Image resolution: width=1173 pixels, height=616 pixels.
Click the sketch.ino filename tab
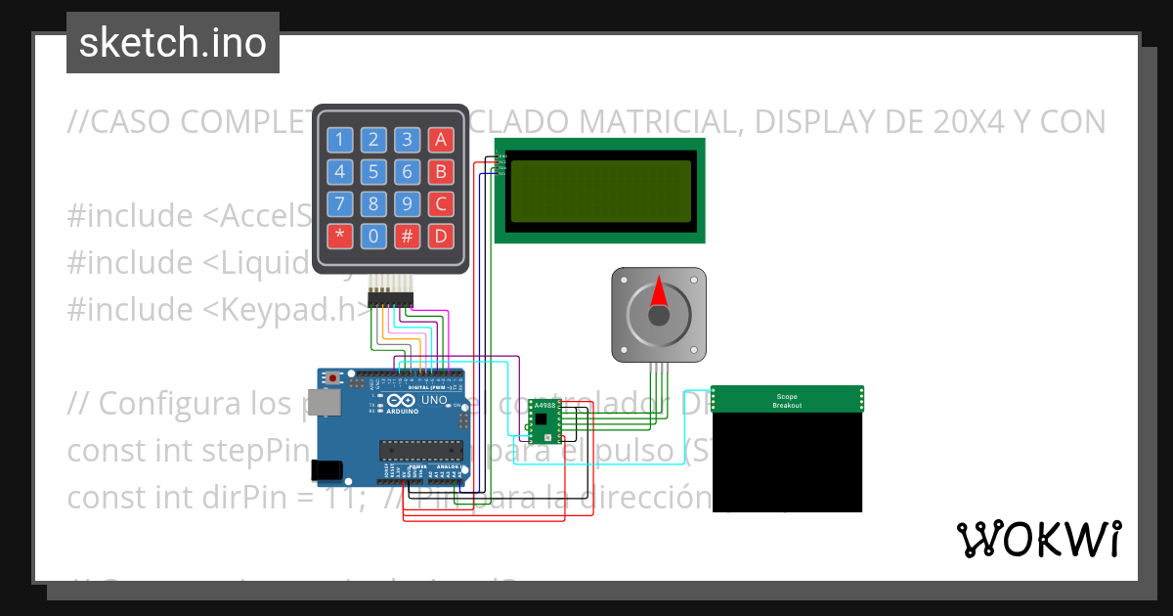pyautogui.click(x=173, y=43)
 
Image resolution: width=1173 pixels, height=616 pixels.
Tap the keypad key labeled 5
pyautogui.click(x=373, y=173)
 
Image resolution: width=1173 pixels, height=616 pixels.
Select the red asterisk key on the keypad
pyautogui.click(x=339, y=236)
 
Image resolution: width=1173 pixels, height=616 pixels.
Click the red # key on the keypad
pyautogui.click(x=408, y=236)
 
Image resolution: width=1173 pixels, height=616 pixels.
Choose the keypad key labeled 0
pyautogui.click(x=373, y=236)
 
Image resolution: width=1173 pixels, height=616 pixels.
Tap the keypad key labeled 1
pyautogui.click(x=339, y=140)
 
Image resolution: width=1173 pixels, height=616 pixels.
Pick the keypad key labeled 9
pyautogui.click(x=408, y=204)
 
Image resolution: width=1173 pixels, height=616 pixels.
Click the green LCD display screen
pyautogui.click(x=599, y=190)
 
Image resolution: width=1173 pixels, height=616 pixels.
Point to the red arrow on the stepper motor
pyautogui.click(x=659, y=292)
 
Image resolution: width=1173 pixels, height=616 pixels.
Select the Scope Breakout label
pyautogui.click(x=787, y=400)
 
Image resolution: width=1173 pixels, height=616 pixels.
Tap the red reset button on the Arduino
pyautogui.click(x=334, y=377)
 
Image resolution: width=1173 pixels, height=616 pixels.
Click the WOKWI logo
pyautogui.click(x=1038, y=539)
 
